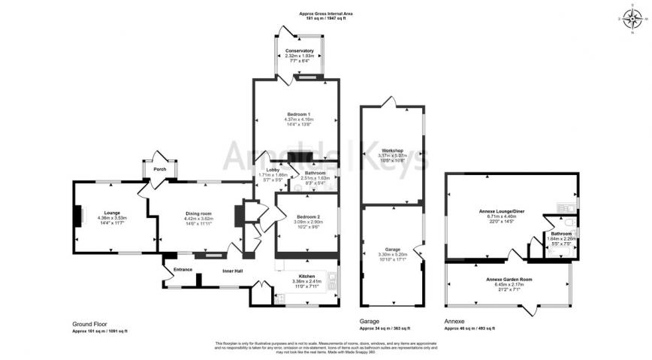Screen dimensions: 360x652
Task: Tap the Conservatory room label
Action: [x=299, y=50]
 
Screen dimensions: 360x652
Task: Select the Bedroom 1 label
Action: [x=298, y=113]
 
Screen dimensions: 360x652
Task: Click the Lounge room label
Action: [x=113, y=213]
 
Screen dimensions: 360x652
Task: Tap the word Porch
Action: [x=159, y=169]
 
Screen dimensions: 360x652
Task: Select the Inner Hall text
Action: [x=232, y=271]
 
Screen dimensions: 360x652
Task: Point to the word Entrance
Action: [x=183, y=269]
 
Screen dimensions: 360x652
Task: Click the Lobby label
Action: [x=263, y=170]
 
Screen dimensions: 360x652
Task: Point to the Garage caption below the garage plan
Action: [x=370, y=322]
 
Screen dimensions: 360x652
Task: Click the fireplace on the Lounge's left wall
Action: [x=77, y=216]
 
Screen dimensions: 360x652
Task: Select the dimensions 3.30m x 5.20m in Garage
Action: [x=393, y=255]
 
